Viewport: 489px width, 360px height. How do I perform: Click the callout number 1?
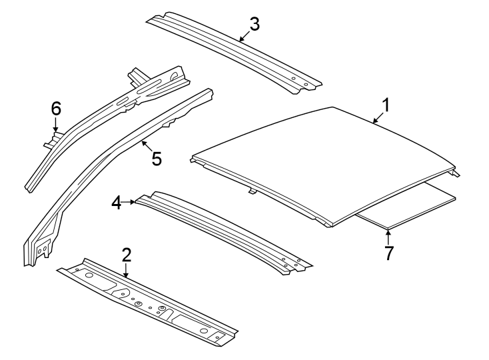click(x=385, y=105)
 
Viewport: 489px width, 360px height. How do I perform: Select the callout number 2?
click(x=127, y=254)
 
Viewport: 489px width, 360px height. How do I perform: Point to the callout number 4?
click(x=117, y=203)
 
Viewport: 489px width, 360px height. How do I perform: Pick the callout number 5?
click(x=156, y=158)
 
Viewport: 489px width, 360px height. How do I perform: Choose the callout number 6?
click(x=56, y=107)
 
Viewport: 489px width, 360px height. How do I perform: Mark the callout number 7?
click(x=388, y=253)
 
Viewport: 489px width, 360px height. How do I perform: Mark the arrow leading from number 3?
click(x=244, y=37)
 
